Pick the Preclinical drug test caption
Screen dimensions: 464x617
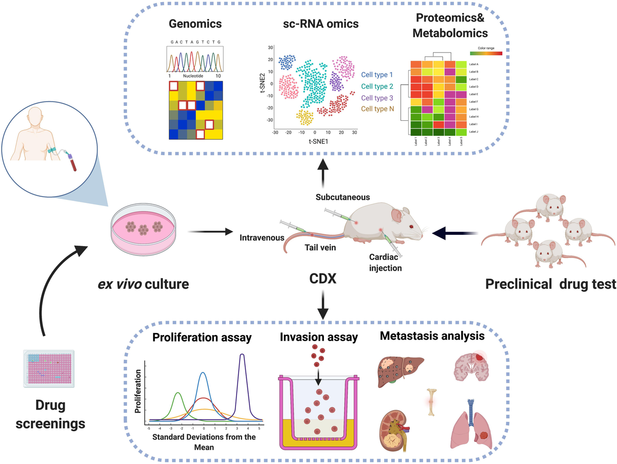tap(550, 283)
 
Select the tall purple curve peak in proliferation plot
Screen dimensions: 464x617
tap(242, 356)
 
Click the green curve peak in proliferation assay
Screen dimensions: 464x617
tap(178, 394)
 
